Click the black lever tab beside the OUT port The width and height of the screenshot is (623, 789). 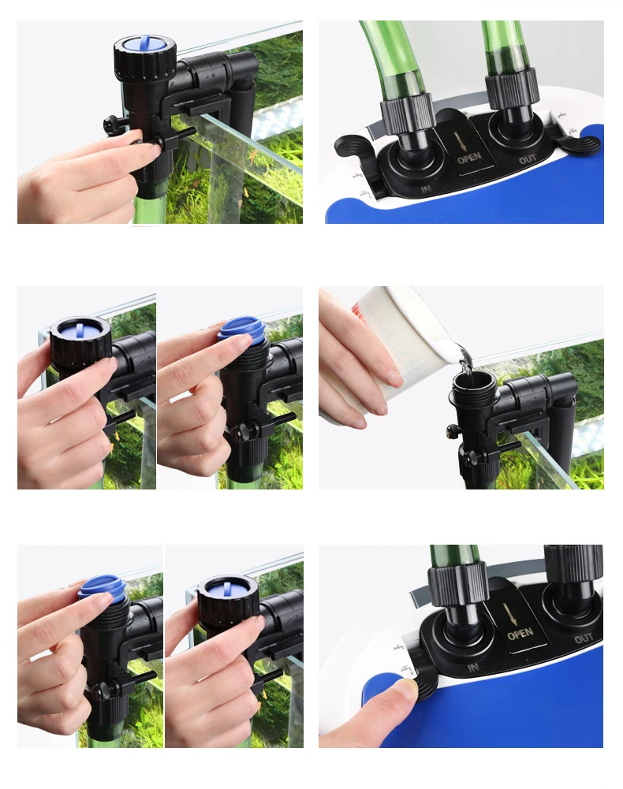click(x=580, y=144)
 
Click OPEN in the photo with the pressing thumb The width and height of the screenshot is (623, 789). click(x=520, y=633)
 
